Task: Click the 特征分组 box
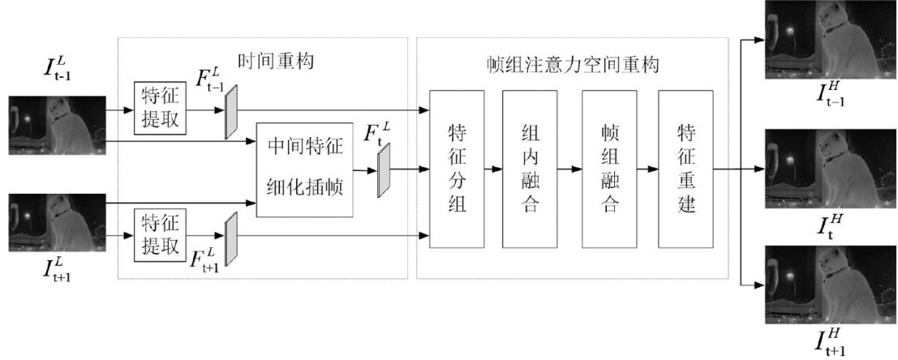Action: (x=457, y=169)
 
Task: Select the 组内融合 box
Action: (x=531, y=169)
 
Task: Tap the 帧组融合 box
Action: (x=609, y=169)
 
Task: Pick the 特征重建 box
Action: (x=685, y=169)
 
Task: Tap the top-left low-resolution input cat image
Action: (x=57, y=126)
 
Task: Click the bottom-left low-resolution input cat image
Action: (x=57, y=223)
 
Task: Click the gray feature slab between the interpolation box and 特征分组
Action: (x=384, y=169)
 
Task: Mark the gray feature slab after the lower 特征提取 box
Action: (x=231, y=238)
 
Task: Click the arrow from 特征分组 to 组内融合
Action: (x=492, y=169)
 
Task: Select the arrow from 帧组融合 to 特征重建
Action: (x=647, y=169)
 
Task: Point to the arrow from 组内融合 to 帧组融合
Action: (x=570, y=169)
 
